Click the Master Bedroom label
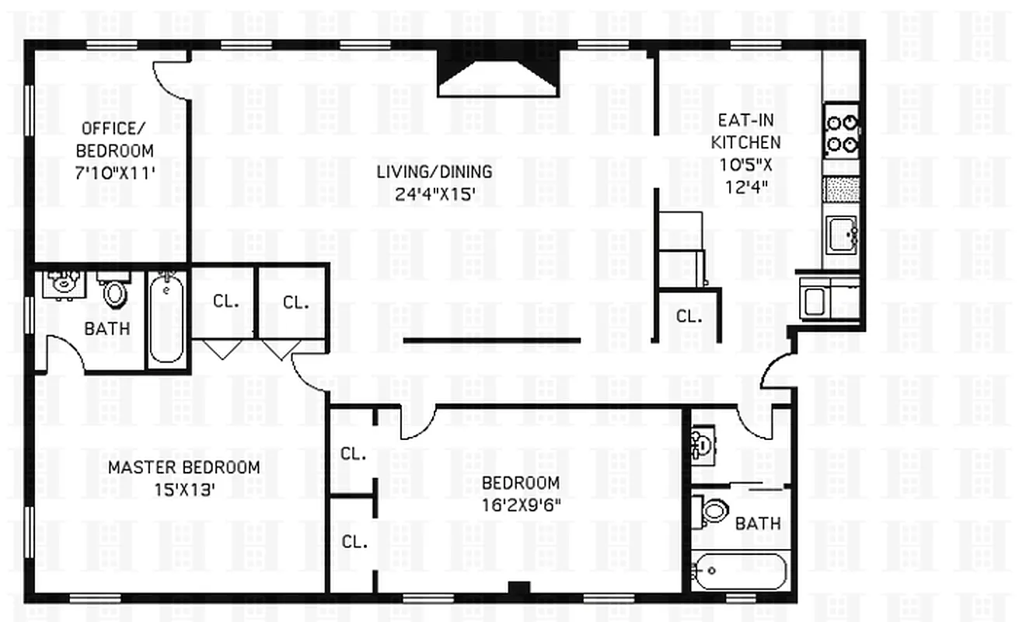point(183,467)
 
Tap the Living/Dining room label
point(434,172)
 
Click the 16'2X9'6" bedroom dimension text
point(521,503)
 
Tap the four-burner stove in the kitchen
point(842,132)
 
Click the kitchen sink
point(841,234)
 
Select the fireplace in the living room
point(498,75)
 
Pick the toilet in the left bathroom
point(115,291)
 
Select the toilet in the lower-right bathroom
point(712,511)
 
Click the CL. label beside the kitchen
point(688,316)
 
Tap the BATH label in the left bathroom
point(106,329)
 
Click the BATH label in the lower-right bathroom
point(758,523)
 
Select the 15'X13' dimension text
point(183,490)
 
